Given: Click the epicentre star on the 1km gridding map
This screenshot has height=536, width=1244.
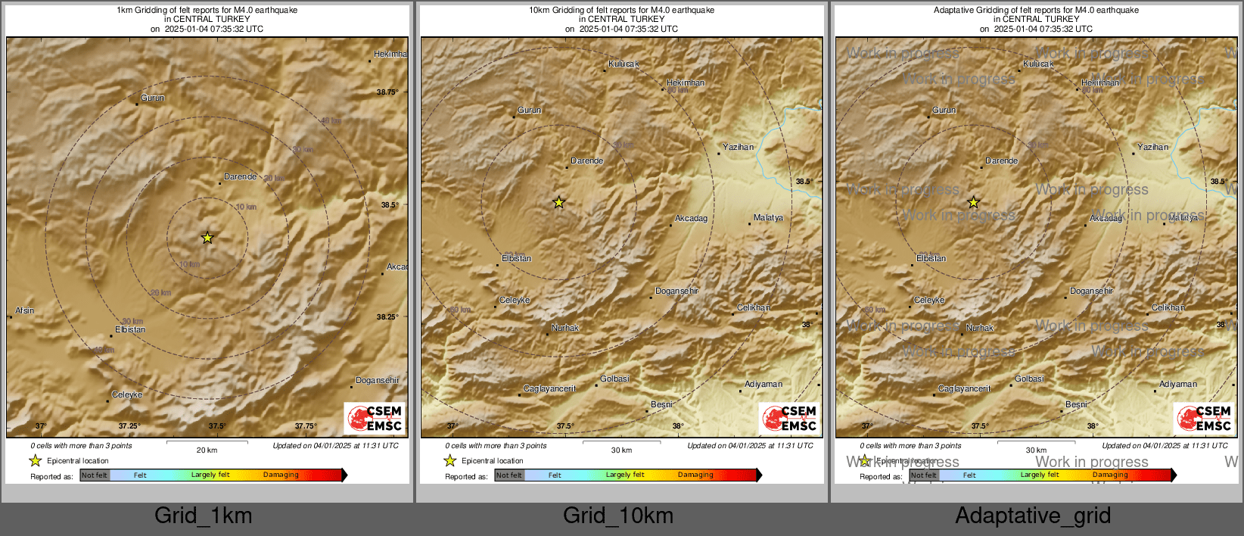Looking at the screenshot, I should pyautogui.click(x=207, y=238).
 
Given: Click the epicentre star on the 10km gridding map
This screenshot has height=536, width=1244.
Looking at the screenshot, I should pyautogui.click(x=558, y=202).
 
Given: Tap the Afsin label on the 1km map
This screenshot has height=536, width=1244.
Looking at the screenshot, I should pyautogui.click(x=25, y=310).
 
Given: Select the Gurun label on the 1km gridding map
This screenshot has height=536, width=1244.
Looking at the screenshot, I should pyautogui.click(x=153, y=98).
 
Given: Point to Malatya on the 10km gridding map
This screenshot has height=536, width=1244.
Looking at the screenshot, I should pyautogui.click(x=768, y=217).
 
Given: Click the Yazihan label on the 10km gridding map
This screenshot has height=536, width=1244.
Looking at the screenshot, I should pyautogui.click(x=738, y=147).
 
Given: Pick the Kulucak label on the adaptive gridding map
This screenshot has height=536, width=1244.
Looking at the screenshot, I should pyautogui.click(x=1038, y=64).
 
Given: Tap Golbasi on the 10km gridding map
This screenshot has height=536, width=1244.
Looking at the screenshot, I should pyautogui.click(x=614, y=379).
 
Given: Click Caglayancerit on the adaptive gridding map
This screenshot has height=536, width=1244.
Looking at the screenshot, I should pyautogui.click(x=964, y=388).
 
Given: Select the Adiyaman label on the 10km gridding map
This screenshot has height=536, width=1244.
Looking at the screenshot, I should pyautogui.click(x=764, y=384).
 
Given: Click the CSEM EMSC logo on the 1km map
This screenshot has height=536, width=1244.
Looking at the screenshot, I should pyautogui.click(x=375, y=418).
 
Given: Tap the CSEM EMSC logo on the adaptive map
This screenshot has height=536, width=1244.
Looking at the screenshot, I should pyautogui.click(x=1204, y=418).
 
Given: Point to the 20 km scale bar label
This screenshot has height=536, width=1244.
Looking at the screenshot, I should pyautogui.click(x=207, y=450).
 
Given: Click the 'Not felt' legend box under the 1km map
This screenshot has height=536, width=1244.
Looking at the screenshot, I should pyautogui.click(x=95, y=475).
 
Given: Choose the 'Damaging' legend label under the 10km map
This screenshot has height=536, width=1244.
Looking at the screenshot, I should pyautogui.click(x=695, y=475).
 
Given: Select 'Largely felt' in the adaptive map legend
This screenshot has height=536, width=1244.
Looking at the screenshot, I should pyautogui.click(x=1040, y=475).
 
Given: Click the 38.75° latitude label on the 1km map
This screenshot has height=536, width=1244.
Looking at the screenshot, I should pyautogui.click(x=387, y=92).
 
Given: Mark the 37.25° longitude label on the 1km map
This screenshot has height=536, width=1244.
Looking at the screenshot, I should pyautogui.click(x=129, y=426).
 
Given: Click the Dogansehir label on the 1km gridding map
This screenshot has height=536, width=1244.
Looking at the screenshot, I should pyautogui.click(x=378, y=380).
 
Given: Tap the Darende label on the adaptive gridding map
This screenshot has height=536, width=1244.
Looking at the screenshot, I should pyautogui.click(x=1001, y=160).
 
